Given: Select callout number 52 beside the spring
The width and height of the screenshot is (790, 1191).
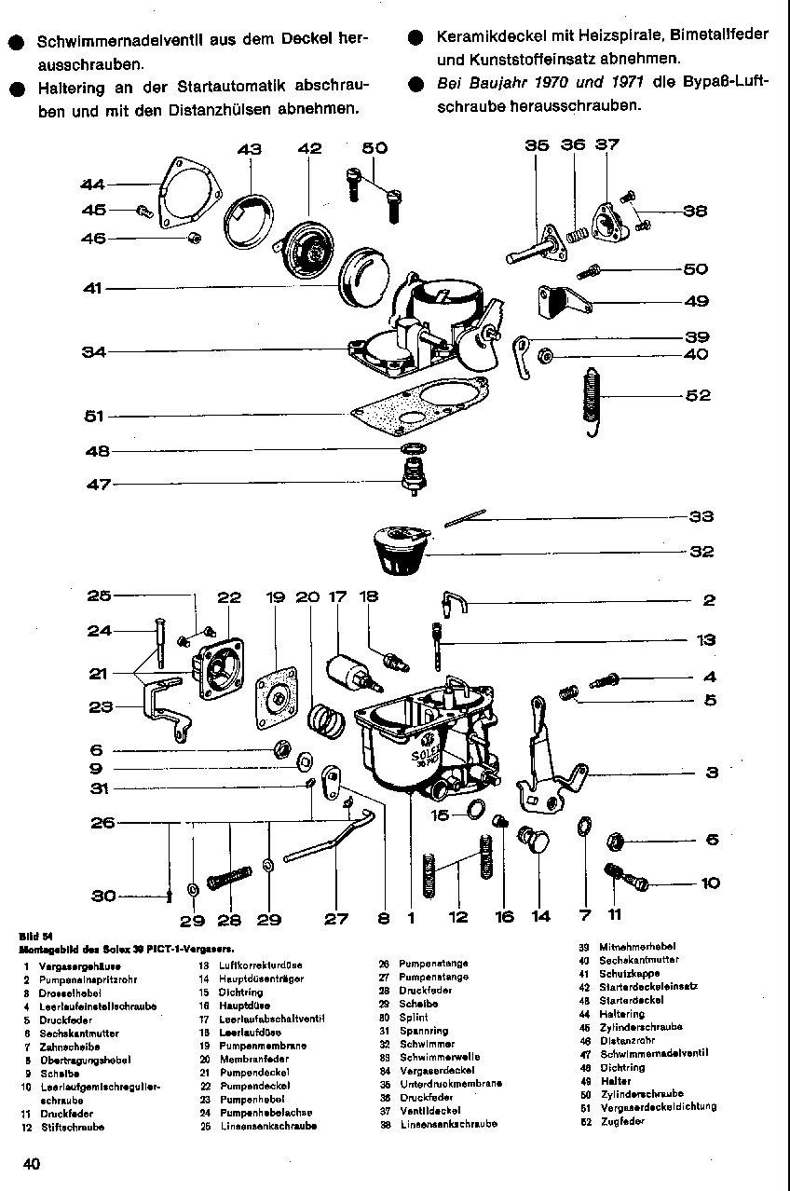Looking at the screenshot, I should tap(698, 395).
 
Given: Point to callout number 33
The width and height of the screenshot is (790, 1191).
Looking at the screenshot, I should tap(701, 516).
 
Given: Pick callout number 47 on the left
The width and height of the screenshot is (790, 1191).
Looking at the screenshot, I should tap(99, 485).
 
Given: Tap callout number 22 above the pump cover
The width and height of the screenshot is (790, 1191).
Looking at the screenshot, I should tap(229, 597).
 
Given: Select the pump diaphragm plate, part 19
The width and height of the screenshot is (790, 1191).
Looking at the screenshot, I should tap(276, 691).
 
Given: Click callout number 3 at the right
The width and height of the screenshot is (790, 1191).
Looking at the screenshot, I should tap(712, 773).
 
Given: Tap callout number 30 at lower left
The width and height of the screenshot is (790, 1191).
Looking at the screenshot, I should tap(103, 897).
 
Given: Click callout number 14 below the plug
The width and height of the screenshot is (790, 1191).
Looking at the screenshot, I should tap(541, 917).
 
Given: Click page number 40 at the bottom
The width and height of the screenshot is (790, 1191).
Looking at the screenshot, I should tap(32, 1163).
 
